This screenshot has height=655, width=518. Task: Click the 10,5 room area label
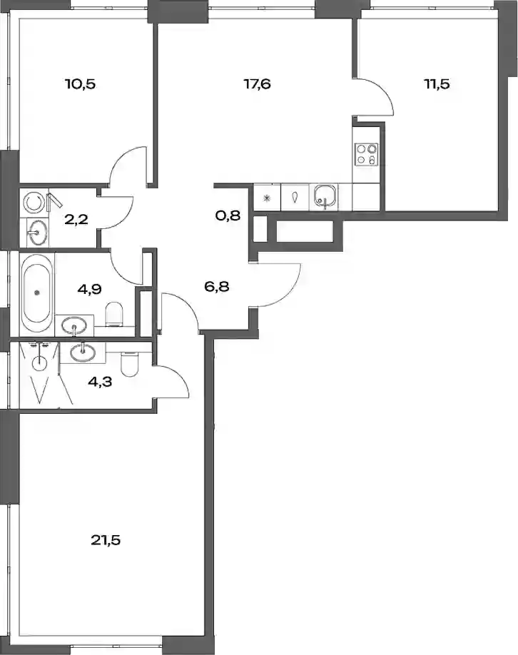pos(80,84)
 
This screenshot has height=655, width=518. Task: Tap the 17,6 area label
pos(258,84)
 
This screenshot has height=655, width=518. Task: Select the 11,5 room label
pos(437,84)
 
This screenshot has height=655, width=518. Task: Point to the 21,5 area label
pos(106,540)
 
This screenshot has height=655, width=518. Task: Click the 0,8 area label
pos(228,215)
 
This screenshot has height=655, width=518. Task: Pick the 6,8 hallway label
pos(217,287)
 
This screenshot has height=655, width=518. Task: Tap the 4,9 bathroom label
pos(90,289)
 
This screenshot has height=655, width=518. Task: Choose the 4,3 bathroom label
pos(100,382)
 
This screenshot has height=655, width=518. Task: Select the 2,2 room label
pos(76,219)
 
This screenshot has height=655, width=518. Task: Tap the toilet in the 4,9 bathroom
pos(114,314)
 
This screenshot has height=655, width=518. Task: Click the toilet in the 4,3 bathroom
pos(128,363)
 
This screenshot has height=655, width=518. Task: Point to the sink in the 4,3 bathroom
pos(82,352)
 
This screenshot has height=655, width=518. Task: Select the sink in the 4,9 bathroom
pos(74,325)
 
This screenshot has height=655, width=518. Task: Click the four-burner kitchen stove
pos(366,155)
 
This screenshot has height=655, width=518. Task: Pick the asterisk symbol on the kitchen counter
pos(268,198)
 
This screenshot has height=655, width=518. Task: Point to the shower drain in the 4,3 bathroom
pos(40,362)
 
